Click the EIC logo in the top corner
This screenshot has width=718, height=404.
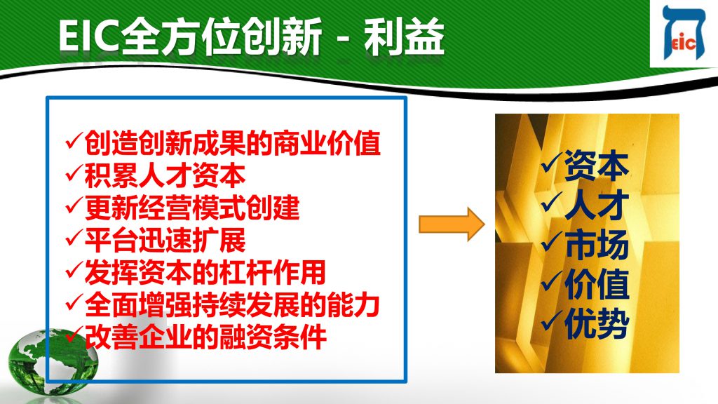(684, 33)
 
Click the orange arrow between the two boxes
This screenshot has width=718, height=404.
(452, 224)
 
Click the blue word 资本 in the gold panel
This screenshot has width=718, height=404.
(597, 166)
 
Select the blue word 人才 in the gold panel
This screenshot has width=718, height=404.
(597, 206)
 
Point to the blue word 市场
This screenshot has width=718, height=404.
(597, 245)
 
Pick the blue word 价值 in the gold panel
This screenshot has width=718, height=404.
(597, 284)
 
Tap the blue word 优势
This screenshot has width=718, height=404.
(597, 323)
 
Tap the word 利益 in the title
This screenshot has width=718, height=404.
(405, 36)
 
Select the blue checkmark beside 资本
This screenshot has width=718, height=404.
(552, 163)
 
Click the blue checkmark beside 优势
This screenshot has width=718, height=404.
(552, 321)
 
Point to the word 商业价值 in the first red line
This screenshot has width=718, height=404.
(327, 143)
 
